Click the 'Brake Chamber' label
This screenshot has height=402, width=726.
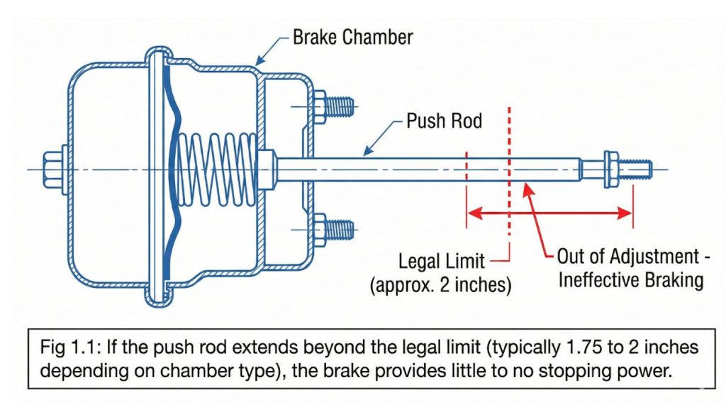click(352, 36)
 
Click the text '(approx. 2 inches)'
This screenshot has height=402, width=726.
click(440, 286)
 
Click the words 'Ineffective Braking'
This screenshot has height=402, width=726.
click(631, 279)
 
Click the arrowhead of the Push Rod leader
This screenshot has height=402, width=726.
click(366, 151)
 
